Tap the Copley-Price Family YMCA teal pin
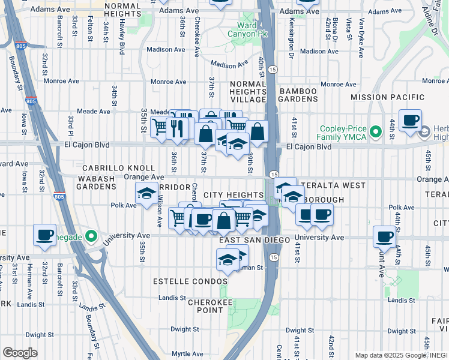click(376, 131)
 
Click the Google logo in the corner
click(20, 353)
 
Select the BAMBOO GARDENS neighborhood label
click(298, 95)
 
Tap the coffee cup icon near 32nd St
click(44, 234)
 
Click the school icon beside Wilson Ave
click(146, 194)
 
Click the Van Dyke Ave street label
click(361, 38)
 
